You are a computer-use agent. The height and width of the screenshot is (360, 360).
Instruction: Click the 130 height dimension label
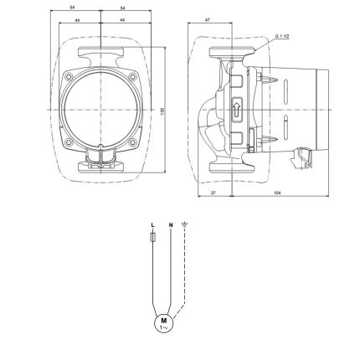tap(162, 111)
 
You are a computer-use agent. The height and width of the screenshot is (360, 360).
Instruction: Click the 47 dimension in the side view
tap(206, 18)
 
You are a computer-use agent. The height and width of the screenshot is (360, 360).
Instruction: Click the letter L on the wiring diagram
tap(153, 225)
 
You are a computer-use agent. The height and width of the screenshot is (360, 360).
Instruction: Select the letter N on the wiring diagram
tap(171, 225)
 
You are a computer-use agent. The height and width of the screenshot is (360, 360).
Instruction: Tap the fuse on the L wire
tap(153, 239)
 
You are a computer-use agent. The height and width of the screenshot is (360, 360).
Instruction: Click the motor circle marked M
tap(163, 321)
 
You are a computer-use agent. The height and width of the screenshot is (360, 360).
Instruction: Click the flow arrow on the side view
tap(236, 110)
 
